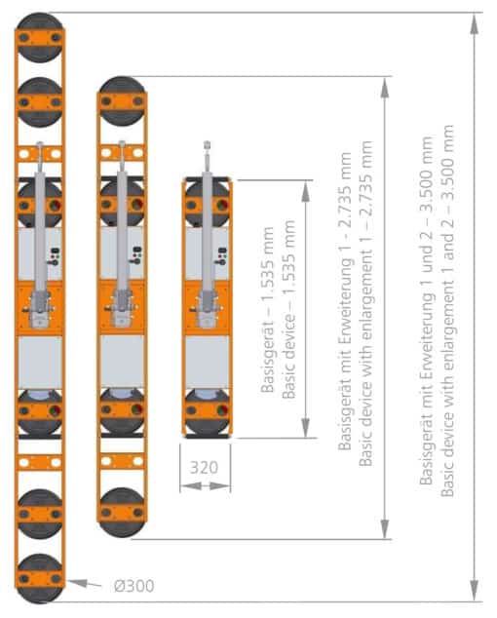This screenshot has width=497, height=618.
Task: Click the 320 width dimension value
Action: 204,468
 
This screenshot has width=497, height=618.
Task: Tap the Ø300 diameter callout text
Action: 134,586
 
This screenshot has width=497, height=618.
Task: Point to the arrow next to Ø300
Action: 84,583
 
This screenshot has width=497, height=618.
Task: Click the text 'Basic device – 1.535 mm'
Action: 288,310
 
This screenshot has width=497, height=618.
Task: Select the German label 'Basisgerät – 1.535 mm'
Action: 268,310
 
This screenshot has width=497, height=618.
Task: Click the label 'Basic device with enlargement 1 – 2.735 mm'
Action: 365,303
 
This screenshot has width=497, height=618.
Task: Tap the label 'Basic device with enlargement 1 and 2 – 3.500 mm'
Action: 447,311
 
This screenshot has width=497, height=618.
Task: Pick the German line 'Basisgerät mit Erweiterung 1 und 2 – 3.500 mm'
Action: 427,311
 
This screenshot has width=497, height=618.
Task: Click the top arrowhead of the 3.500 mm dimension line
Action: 475,24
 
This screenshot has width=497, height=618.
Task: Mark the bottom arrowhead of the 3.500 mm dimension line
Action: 475,590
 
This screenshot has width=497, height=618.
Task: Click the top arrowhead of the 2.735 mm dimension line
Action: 385,88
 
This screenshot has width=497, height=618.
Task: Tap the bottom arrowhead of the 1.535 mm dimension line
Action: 306,427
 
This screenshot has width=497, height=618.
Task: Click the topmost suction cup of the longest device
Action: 40,38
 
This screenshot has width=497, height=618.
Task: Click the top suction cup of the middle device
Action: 122,101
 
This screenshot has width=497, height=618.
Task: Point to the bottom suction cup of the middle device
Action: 122,513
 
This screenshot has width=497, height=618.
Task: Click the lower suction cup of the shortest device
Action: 208,412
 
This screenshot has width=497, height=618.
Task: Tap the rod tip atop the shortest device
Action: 207,145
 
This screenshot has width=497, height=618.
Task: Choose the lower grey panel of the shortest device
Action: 208,362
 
